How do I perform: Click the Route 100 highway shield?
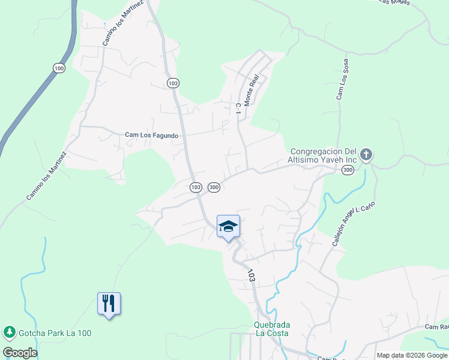pos(58,68)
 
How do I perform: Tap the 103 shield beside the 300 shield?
pos(196,188)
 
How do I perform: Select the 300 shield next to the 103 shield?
pos(214,188)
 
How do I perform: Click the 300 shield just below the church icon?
pos(348,171)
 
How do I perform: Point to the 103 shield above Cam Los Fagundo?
pos(173,83)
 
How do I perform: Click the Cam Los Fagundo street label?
pos(151,136)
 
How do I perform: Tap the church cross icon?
pos(366,155)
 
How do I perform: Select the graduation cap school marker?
pos(228,227)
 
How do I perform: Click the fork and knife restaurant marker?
pos(109,304)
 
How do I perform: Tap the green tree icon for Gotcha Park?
pos(9,332)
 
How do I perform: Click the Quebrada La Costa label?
pos(271,329)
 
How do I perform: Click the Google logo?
pos(20,352)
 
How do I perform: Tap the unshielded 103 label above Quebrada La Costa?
pos(252,275)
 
